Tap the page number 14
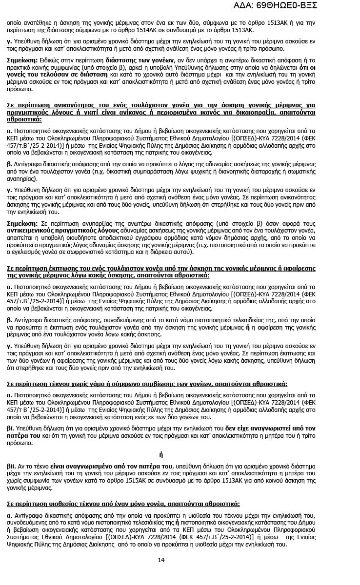click(161, 559)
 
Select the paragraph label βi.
click(10, 428)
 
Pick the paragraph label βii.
click(11, 467)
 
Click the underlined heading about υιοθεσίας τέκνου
click(123, 504)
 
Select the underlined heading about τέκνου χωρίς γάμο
click(147, 384)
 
